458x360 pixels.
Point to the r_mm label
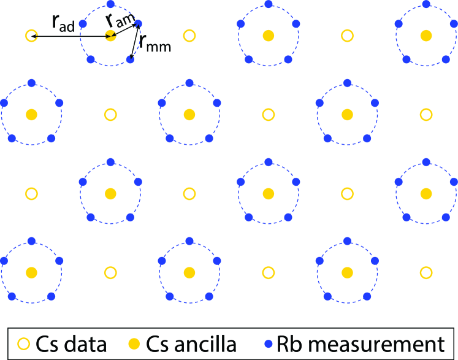[x=154, y=43]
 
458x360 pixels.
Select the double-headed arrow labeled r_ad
[x=71, y=37]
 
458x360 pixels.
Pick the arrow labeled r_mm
[x=134, y=41]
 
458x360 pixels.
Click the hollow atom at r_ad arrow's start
[x=31, y=36]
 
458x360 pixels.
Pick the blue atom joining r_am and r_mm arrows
[x=138, y=24]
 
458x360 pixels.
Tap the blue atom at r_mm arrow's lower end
[x=129, y=59]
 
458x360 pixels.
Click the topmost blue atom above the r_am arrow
[x=110, y=5]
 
